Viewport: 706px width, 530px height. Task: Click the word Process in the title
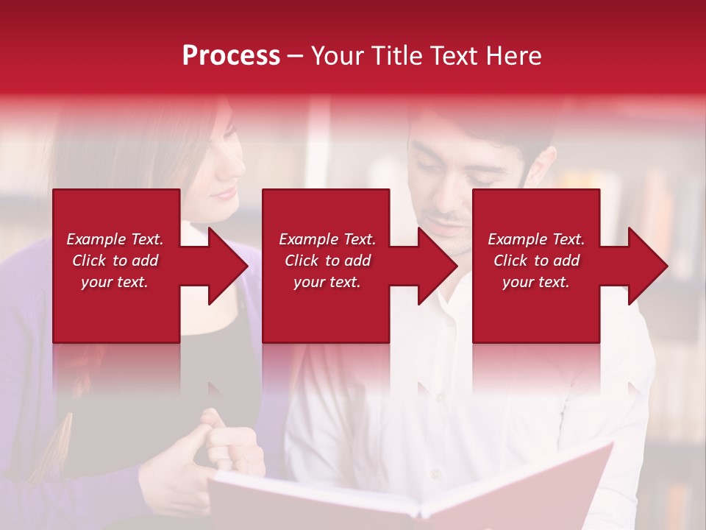pos(231,56)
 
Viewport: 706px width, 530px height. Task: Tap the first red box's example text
pos(115,261)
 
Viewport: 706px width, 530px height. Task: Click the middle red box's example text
pos(327,261)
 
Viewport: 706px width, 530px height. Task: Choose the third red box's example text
pos(536,261)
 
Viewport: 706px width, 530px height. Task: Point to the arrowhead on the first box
pos(225,266)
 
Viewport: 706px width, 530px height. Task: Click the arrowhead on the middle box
pos(435,266)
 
